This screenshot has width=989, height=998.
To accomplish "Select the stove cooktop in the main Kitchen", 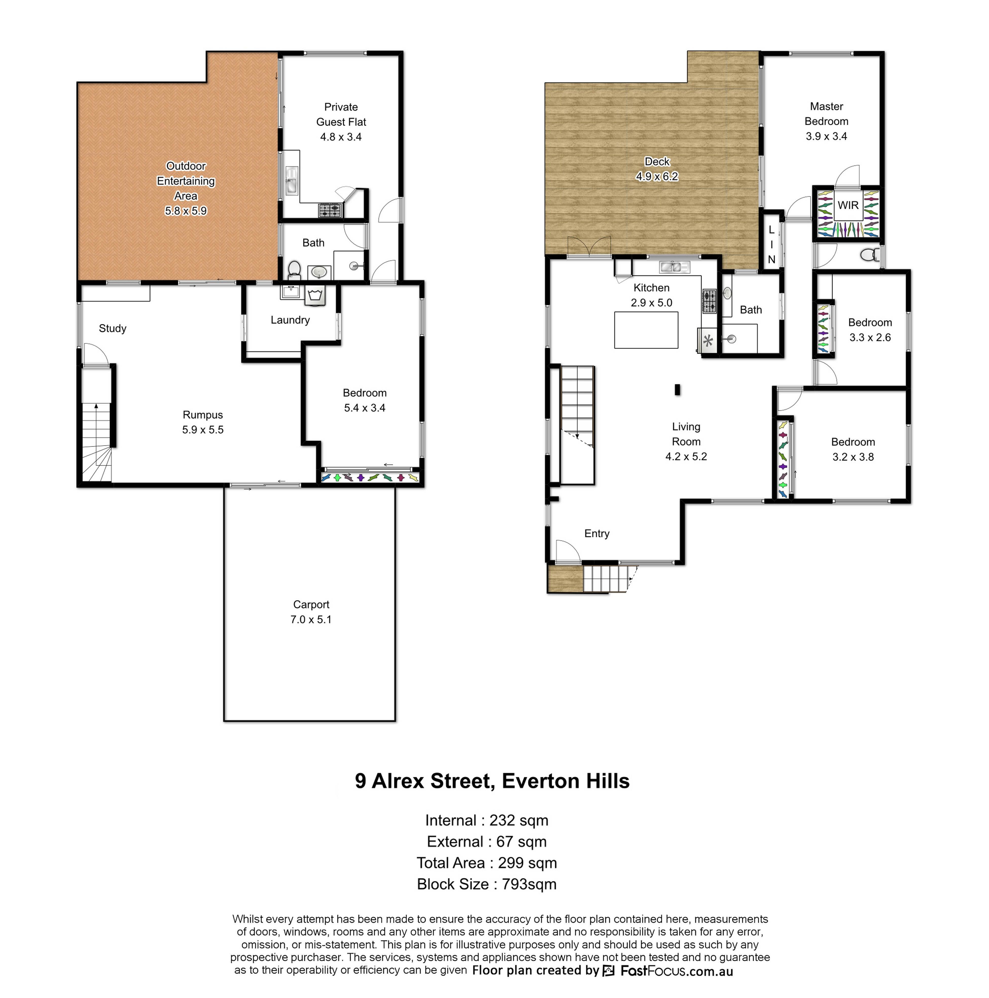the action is pos(709,301).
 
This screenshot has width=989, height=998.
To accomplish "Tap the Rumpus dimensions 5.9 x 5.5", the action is pos(203,430).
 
